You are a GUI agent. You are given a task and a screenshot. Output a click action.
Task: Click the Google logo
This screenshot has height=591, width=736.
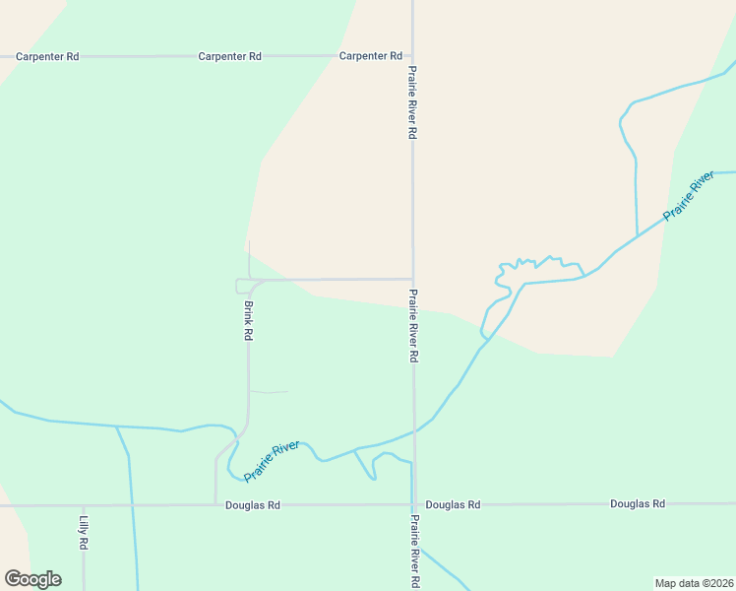(x=32, y=579)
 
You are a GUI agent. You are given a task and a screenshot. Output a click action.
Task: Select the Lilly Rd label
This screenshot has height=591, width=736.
(x=85, y=533)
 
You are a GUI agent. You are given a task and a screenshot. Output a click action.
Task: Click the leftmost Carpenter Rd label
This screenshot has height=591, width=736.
(x=47, y=57)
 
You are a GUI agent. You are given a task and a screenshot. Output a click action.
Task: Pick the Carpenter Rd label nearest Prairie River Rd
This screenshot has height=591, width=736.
(x=371, y=56)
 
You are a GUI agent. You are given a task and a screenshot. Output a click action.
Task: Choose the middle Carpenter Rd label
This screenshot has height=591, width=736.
(x=229, y=57)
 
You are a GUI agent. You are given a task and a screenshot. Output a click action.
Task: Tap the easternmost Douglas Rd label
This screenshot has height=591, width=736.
(x=638, y=504)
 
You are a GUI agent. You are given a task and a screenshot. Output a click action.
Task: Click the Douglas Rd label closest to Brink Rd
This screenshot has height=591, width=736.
(x=253, y=505)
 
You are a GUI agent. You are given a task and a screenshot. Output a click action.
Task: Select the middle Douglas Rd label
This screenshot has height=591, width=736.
(x=453, y=504)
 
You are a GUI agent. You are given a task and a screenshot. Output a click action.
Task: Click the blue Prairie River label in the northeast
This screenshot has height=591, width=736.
(x=688, y=196)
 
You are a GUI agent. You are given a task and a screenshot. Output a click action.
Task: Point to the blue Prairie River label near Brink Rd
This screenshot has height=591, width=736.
(x=272, y=461)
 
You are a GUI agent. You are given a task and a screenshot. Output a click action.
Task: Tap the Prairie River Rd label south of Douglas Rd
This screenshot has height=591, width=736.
(x=415, y=552)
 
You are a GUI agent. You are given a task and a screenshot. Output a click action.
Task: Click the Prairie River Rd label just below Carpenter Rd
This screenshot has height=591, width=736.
(x=413, y=103)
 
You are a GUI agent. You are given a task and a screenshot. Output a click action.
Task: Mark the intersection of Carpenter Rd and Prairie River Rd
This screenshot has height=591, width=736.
(x=412, y=56)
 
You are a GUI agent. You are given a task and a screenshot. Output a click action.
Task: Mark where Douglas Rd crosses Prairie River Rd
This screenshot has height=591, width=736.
(x=414, y=504)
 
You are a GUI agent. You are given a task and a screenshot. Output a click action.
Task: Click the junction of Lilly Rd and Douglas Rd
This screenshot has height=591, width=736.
(x=84, y=505)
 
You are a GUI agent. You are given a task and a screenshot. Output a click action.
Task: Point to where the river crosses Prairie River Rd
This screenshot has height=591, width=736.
(x=414, y=430)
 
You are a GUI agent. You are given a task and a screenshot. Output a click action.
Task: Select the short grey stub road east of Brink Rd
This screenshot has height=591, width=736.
(x=269, y=392)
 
